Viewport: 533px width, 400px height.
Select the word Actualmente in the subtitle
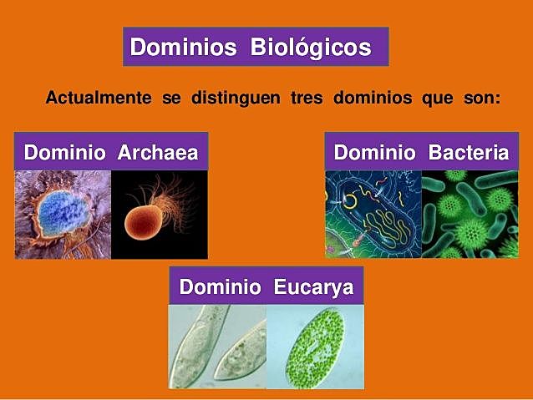click(x=99, y=98)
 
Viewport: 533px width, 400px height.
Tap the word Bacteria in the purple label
click(x=468, y=154)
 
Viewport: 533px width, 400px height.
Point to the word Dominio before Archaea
click(x=64, y=154)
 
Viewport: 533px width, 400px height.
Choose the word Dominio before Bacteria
click(x=375, y=154)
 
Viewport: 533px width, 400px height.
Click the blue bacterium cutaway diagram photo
click(x=373, y=215)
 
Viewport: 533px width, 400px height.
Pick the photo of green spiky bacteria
click(x=470, y=215)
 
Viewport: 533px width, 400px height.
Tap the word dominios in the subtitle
click(x=372, y=98)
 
